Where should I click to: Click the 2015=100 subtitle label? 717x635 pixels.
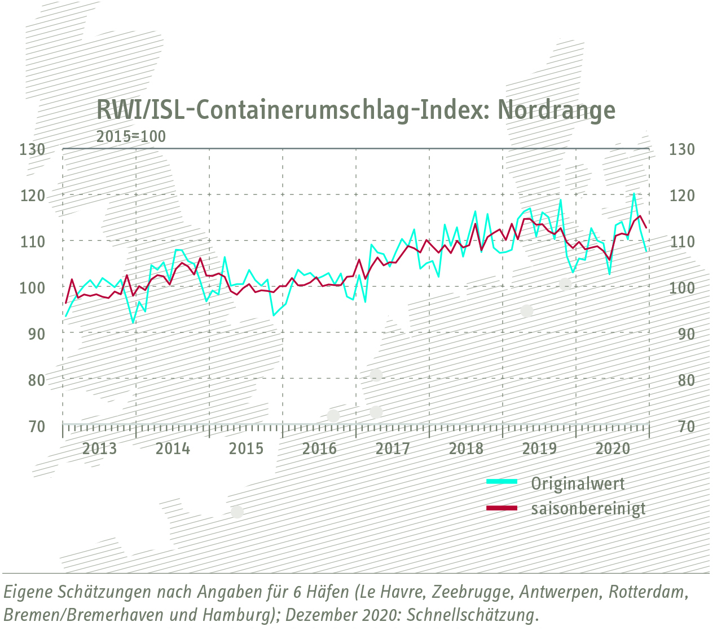click(x=131, y=136)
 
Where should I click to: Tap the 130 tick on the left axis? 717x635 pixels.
click(x=32, y=149)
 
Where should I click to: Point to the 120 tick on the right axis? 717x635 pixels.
click(x=681, y=196)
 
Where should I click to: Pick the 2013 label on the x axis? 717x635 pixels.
click(x=99, y=449)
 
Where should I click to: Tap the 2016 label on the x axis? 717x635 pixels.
click(x=319, y=449)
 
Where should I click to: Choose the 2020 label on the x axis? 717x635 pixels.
click(x=613, y=449)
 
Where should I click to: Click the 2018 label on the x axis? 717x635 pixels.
click(x=466, y=449)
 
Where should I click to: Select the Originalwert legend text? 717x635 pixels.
click(x=578, y=483)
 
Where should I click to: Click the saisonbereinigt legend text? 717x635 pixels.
click(x=588, y=509)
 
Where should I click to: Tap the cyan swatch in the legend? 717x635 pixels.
click(x=502, y=482)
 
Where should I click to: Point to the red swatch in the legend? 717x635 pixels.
click(x=502, y=508)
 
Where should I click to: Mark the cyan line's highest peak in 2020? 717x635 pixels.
click(x=634, y=194)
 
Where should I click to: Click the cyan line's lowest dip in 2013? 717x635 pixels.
click(x=133, y=323)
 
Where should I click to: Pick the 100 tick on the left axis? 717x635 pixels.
click(x=32, y=287)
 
